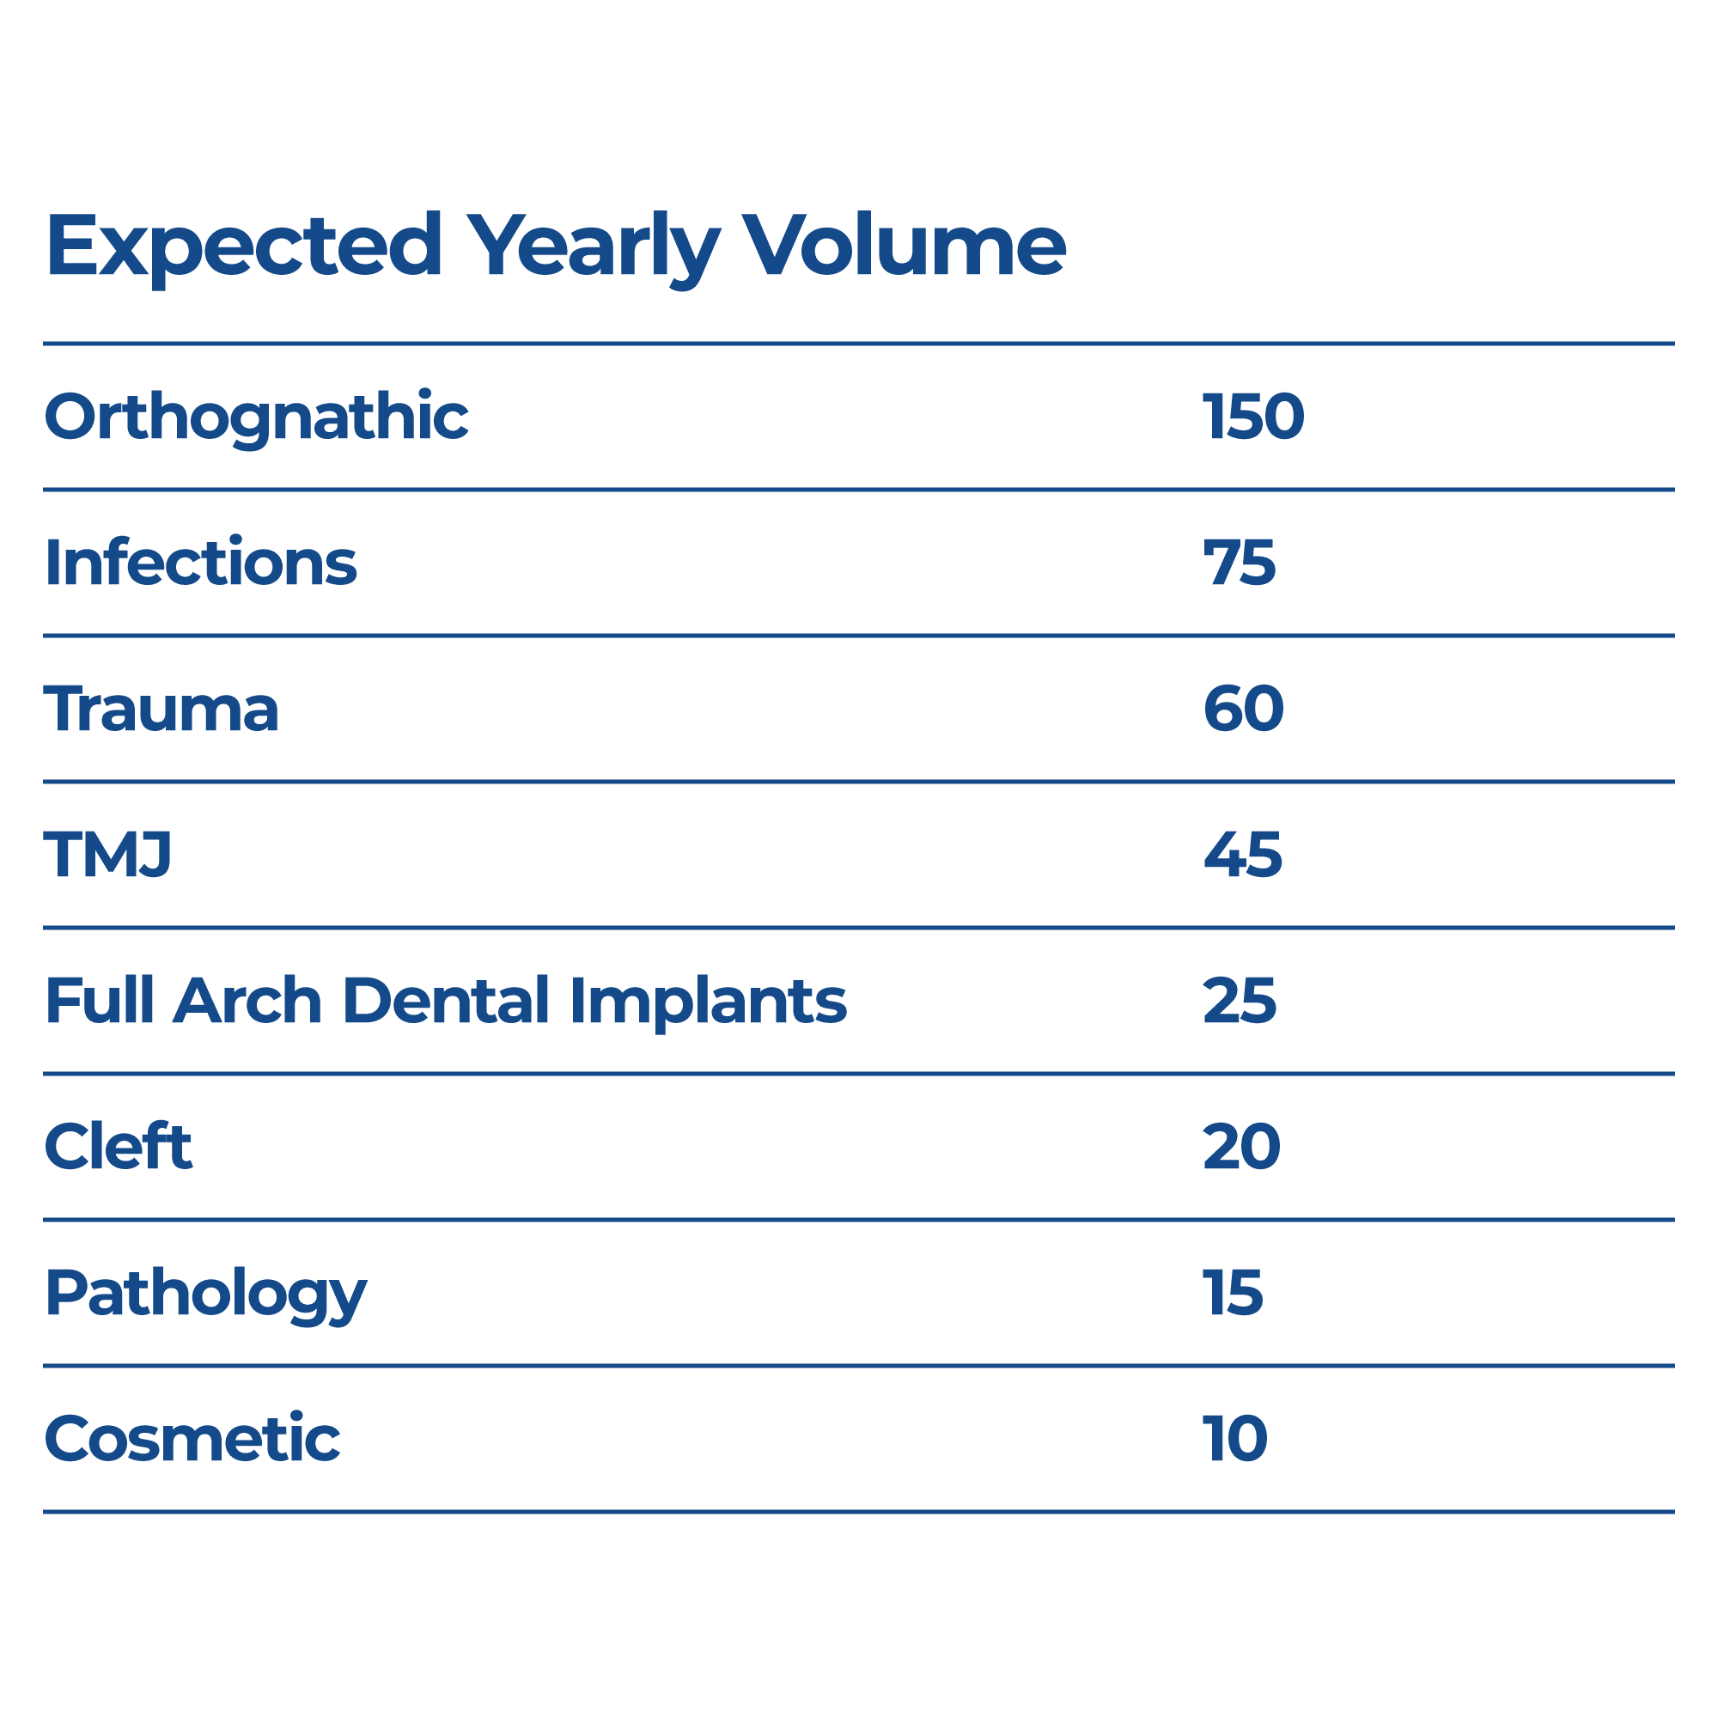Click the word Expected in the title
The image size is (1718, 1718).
click(x=244, y=247)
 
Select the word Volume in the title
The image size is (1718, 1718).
click(x=903, y=247)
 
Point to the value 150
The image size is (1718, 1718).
click(x=1252, y=416)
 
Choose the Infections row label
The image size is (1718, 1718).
click(x=201, y=563)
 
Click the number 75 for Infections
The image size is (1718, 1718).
click(x=1239, y=563)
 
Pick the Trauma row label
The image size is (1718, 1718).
click(x=161, y=709)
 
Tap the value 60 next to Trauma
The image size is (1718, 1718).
click(x=1242, y=709)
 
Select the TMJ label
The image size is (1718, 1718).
click(x=107, y=855)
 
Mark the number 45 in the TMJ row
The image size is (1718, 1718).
click(x=1241, y=855)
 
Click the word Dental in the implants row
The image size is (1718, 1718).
click(x=446, y=1001)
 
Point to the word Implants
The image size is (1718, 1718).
click(x=708, y=1002)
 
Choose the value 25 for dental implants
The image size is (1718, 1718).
click(x=1239, y=1001)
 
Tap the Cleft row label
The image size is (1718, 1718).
click(x=119, y=1146)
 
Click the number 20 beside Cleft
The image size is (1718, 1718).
click(x=1240, y=1146)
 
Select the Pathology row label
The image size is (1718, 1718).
click(x=205, y=1295)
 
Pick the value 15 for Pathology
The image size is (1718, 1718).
click(x=1232, y=1292)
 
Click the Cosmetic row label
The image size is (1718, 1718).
click(x=192, y=1439)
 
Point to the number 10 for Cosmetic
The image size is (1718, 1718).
click(x=1234, y=1439)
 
